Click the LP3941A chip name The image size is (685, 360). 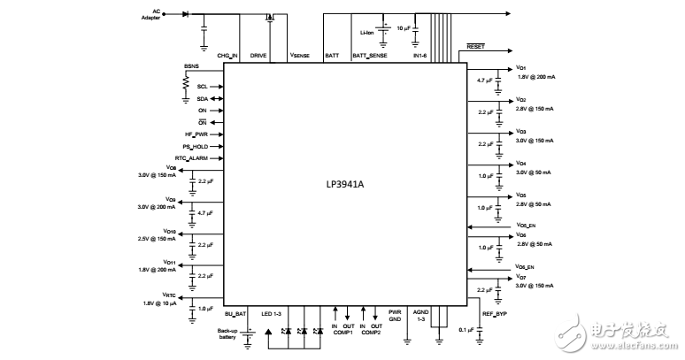(x=345, y=186)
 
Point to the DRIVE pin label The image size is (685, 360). (x=258, y=55)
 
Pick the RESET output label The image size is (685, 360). (x=475, y=45)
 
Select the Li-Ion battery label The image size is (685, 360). (x=366, y=33)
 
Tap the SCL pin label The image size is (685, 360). (x=202, y=86)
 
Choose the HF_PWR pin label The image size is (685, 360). (x=196, y=134)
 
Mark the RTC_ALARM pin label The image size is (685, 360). (x=192, y=157)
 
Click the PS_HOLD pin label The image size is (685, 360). (x=195, y=146)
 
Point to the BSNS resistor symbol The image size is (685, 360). (x=186, y=81)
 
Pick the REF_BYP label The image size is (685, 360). (x=494, y=312)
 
